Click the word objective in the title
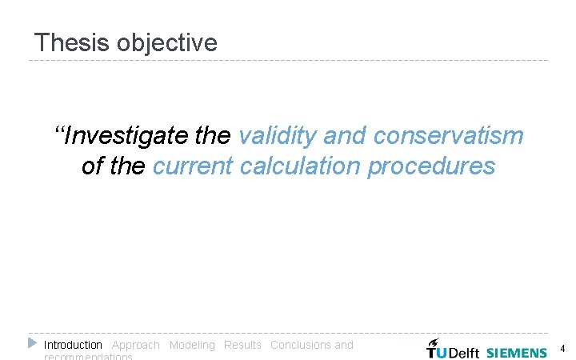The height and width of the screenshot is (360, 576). [x=166, y=43]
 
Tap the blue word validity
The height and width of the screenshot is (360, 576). [x=278, y=136]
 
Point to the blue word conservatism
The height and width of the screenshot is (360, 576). [x=448, y=136]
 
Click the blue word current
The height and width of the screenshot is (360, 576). [x=190, y=166]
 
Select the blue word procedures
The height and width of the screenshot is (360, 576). [x=431, y=166]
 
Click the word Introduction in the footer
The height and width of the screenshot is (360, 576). [x=73, y=345]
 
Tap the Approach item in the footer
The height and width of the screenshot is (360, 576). [x=135, y=345]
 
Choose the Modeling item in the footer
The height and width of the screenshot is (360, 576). [x=192, y=345]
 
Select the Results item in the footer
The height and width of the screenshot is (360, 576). [x=242, y=345]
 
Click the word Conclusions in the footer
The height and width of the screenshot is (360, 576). [x=301, y=345]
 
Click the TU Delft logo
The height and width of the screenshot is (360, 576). [x=452, y=349]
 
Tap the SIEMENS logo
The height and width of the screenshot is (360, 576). [x=516, y=352]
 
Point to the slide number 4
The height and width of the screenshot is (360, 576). [x=562, y=349]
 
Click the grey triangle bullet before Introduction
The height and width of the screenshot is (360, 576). [x=32, y=343]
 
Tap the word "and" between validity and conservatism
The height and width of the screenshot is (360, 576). [x=344, y=136]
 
